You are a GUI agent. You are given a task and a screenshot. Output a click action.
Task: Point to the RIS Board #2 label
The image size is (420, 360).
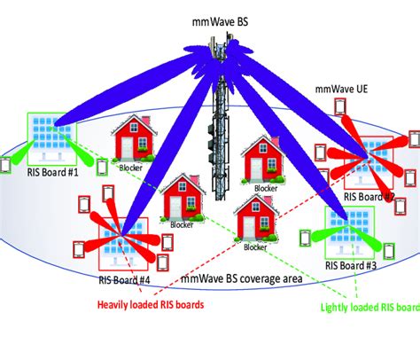point(368,197)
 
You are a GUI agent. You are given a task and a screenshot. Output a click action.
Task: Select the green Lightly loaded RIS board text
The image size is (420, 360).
point(368,309)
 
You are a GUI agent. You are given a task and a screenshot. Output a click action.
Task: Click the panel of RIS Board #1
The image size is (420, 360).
point(51,138)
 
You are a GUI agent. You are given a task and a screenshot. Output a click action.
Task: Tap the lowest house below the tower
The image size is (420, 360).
point(254,218)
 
